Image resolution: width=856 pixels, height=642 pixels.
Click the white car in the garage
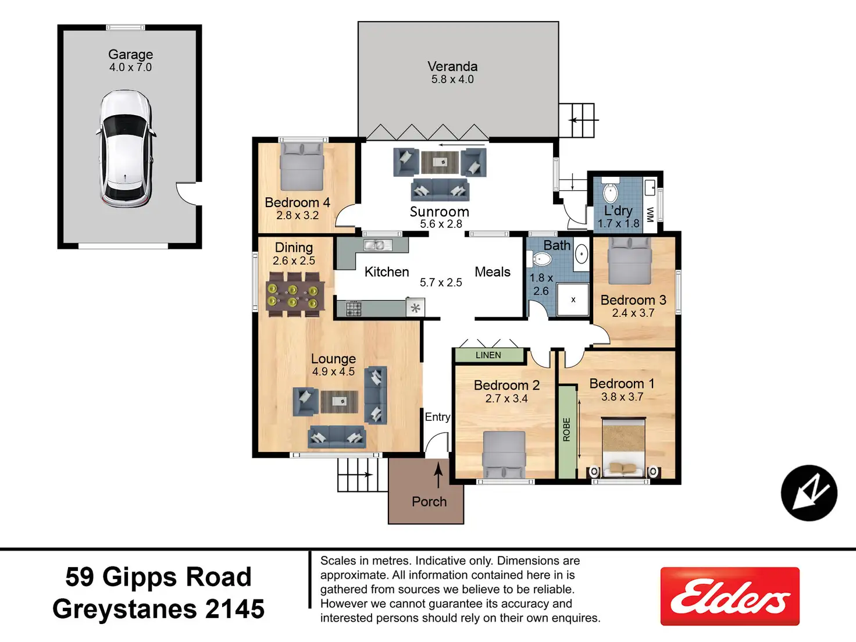pos(126,148)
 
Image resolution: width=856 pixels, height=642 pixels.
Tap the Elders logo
pos(730,596)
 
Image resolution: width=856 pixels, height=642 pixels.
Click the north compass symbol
pos(809,493)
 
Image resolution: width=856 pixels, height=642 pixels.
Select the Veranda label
pos(452,66)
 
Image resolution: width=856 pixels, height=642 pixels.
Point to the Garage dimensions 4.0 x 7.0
pos(130,67)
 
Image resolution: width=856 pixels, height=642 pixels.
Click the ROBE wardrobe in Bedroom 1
pos(567,432)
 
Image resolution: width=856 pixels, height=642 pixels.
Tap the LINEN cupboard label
pos(488,355)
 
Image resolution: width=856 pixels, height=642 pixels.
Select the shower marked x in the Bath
pos(573,299)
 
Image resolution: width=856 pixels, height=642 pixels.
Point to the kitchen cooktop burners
pos(354,309)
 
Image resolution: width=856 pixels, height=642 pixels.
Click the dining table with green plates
pos(295,295)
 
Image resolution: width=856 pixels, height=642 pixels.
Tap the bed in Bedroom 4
pos(302,166)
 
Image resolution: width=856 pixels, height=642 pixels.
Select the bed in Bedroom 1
pos(623,448)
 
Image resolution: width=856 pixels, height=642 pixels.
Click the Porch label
pos(429,502)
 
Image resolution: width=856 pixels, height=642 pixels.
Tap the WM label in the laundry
pos(650,215)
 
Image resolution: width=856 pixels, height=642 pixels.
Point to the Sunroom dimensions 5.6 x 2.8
pos(441,224)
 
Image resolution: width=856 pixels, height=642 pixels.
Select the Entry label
pos(437,417)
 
